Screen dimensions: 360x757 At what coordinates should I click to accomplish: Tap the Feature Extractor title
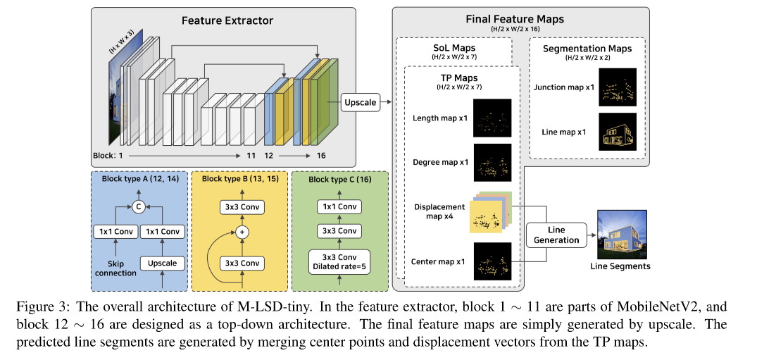click(228, 20)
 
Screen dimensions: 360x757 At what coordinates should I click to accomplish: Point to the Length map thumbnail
click(492, 118)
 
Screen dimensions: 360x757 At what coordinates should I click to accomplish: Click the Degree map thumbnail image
click(492, 163)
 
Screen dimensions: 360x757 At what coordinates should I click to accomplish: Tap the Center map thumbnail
click(492, 261)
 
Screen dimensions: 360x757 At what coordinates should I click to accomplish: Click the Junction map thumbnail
click(617, 87)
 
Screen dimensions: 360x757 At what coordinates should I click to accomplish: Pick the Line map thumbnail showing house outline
click(617, 132)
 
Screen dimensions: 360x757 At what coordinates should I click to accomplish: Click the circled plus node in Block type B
click(242, 231)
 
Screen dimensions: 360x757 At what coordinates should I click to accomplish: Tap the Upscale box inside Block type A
click(162, 263)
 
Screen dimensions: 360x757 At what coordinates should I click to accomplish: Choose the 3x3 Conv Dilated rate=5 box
click(340, 261)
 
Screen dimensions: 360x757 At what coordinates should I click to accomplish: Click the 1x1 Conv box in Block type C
click(340, 206)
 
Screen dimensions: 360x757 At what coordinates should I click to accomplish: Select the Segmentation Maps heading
click(587, 49)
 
